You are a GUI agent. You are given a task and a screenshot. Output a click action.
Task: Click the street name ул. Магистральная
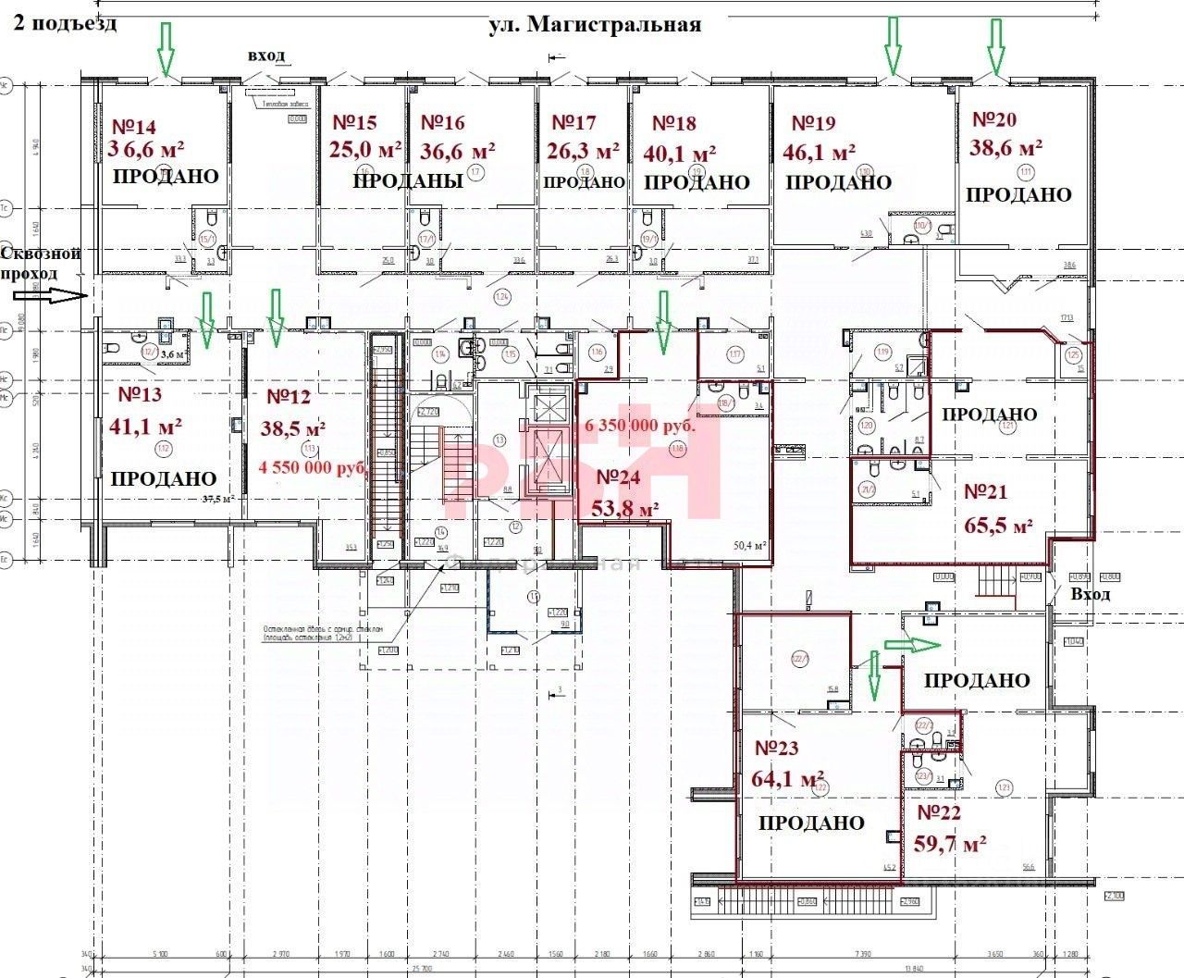point(594,25)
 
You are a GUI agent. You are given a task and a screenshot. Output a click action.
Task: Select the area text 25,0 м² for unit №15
point(365,149)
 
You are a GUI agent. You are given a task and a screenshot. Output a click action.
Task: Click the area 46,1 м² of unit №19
point(820,151)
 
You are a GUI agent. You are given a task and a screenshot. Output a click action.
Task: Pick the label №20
point(994,119)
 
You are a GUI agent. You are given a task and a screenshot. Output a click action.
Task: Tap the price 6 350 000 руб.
point(640,427)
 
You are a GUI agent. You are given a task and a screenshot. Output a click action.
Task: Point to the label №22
point(939,813)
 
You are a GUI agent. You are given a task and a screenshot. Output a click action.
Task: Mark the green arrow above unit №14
point(166,51)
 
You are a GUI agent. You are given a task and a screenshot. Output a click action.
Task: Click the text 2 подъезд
point(65,23)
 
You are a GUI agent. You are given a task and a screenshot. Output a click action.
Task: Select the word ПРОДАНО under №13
point(164,478)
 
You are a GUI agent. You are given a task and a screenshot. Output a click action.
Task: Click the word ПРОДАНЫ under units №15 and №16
point(408,181)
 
